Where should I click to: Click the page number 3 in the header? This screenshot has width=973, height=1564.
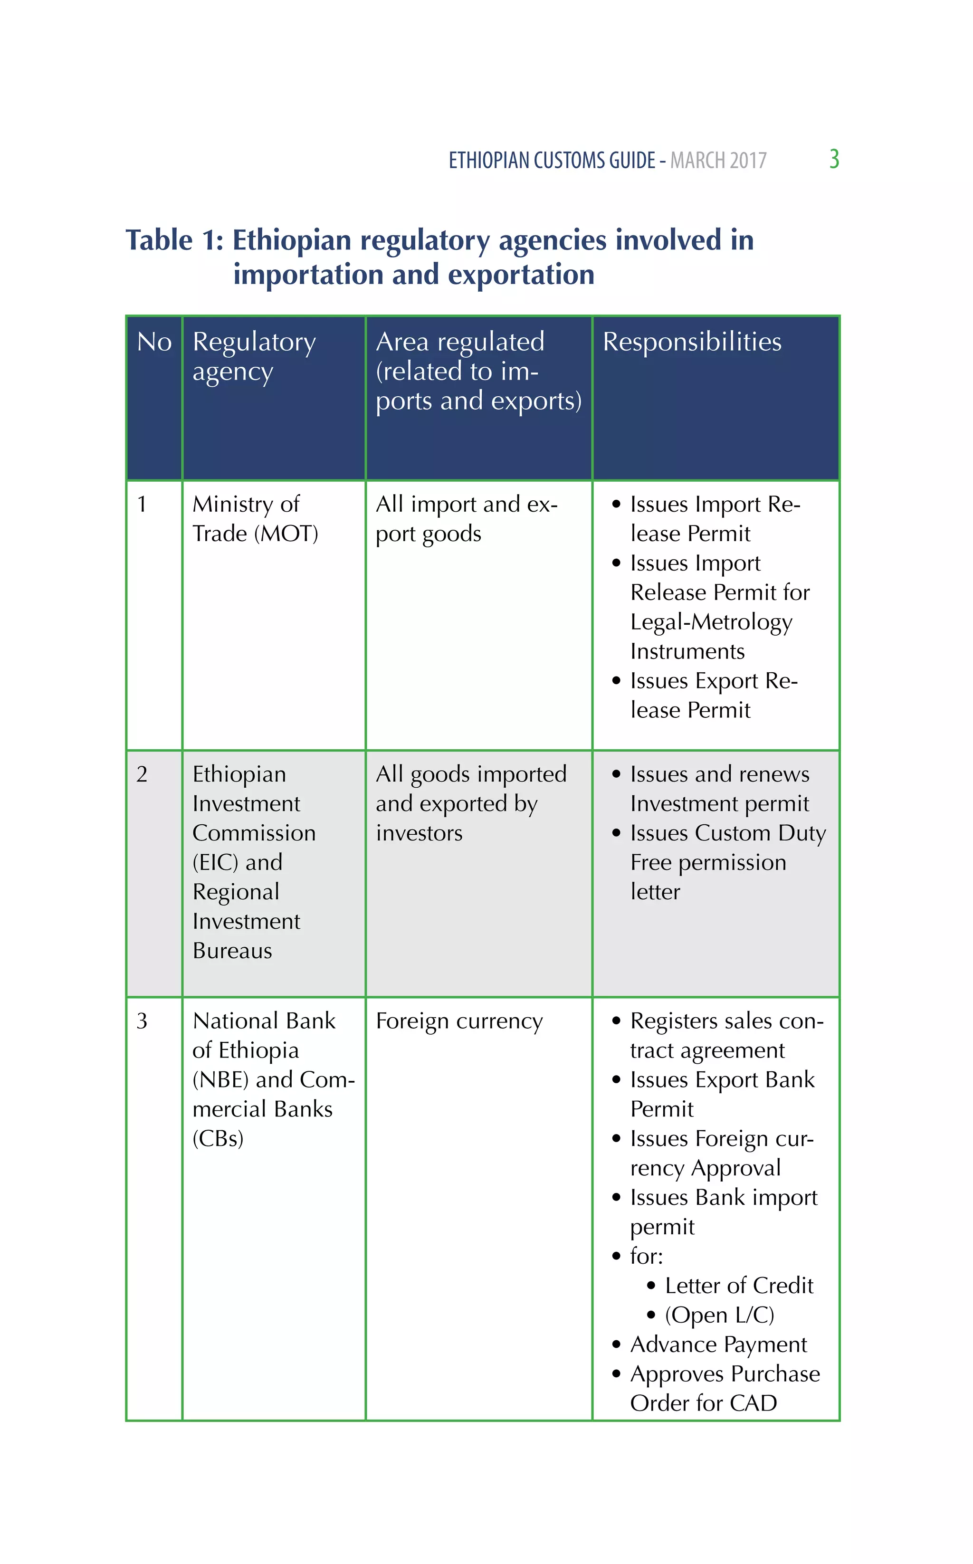coord(834,159)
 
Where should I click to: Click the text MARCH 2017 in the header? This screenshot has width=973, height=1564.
coord(718,160)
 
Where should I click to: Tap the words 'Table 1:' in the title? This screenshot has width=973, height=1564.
coord(174,240)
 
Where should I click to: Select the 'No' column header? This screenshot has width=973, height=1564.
coord(154,342)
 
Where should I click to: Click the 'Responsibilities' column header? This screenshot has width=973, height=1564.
coord(692,342)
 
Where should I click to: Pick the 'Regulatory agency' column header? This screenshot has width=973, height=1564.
coord(254,356)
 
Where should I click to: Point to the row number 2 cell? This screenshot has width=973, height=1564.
coord(142,774)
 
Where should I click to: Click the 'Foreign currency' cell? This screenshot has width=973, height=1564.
coord(459,1021)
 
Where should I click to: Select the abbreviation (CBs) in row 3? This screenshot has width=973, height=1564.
coord(218,1138)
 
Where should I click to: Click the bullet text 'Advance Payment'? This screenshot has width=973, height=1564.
coord(718,1344)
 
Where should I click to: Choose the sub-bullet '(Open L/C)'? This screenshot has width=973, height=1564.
coord(719,1315)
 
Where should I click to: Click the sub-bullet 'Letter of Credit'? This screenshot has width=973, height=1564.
coord(739,1286)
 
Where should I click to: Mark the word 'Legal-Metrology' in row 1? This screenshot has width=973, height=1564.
coord(711,622)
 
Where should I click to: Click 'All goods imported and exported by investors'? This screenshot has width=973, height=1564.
coord(471,803)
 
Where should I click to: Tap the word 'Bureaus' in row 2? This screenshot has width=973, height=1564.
coord(232,951)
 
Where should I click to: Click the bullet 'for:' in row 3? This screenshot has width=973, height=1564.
coord(646,1256)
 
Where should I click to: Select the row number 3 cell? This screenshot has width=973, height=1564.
coord(142,1021)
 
